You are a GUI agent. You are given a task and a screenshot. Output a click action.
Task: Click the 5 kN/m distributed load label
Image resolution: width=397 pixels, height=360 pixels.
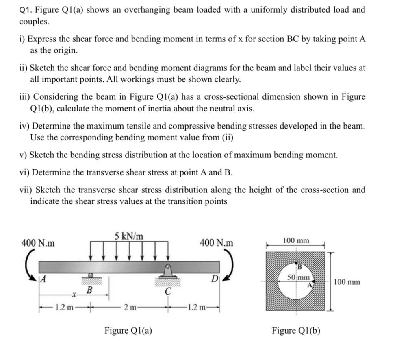pos(129,236)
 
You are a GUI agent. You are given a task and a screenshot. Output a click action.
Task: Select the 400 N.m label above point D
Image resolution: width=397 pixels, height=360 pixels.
pos(217,243)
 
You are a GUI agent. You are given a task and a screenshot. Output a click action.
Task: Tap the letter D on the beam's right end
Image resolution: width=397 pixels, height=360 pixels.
pos(214,279)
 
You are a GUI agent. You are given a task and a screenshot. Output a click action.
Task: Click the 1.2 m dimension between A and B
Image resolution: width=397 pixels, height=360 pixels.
pos(65,307)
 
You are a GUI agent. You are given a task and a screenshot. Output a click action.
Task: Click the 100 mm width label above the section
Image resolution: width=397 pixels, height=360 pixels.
pos(296,241)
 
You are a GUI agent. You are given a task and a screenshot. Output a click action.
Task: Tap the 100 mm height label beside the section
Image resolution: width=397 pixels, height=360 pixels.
pos(347,281)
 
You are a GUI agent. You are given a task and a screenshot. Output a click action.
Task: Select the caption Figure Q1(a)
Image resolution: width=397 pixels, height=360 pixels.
pos(129,330)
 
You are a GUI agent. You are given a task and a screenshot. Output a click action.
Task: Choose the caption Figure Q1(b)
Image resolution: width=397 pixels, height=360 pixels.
pos(296,330)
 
